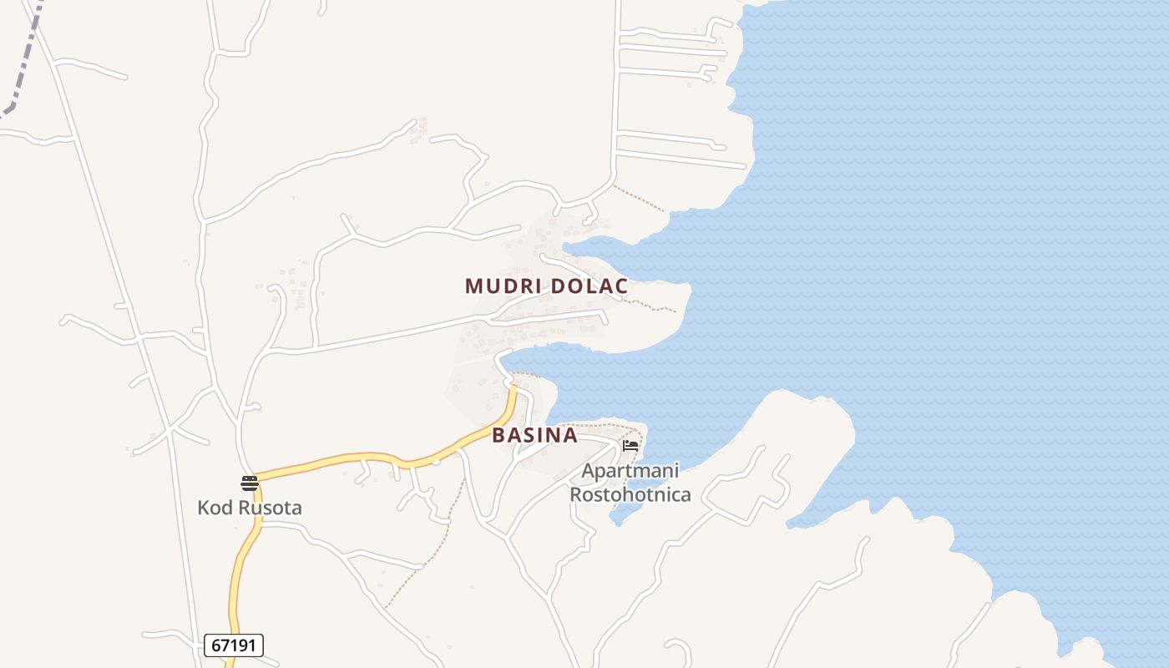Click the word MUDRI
click(504, 286)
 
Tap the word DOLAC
click(590, 286)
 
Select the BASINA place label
click(534, 435)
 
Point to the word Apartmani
click(630, 471)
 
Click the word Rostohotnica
click(630, 494)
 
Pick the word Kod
click(211, 507)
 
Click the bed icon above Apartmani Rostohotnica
click(630, 446)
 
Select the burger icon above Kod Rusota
click(249, 483)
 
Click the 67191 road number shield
click(234, 645)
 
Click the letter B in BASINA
click(498, 435)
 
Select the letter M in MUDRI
click(473, 286)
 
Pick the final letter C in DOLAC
click(621, 286)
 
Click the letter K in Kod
click(203, 507)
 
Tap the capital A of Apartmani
click(588, 471)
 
